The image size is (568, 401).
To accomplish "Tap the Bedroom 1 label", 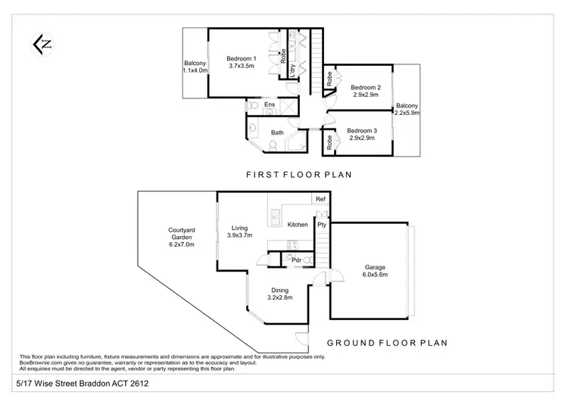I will [242, 63].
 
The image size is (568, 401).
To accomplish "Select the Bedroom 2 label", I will [366, 92].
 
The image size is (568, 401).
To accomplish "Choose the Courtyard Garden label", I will [182, 238].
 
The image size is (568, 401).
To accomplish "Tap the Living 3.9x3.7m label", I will [240, 232].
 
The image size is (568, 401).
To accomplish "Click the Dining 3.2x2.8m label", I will [279, 294].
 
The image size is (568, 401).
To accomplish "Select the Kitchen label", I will [298, 225].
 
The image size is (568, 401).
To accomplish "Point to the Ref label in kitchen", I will [320, 199].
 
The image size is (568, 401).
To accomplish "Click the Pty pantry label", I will [322, 225].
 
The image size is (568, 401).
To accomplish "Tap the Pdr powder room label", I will [286, 260].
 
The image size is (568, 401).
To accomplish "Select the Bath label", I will [278, 133].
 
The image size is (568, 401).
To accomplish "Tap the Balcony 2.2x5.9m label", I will [407, 110].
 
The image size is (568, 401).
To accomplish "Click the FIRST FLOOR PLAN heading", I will [291, 174].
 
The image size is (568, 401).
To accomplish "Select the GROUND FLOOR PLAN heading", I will [389, 342].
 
